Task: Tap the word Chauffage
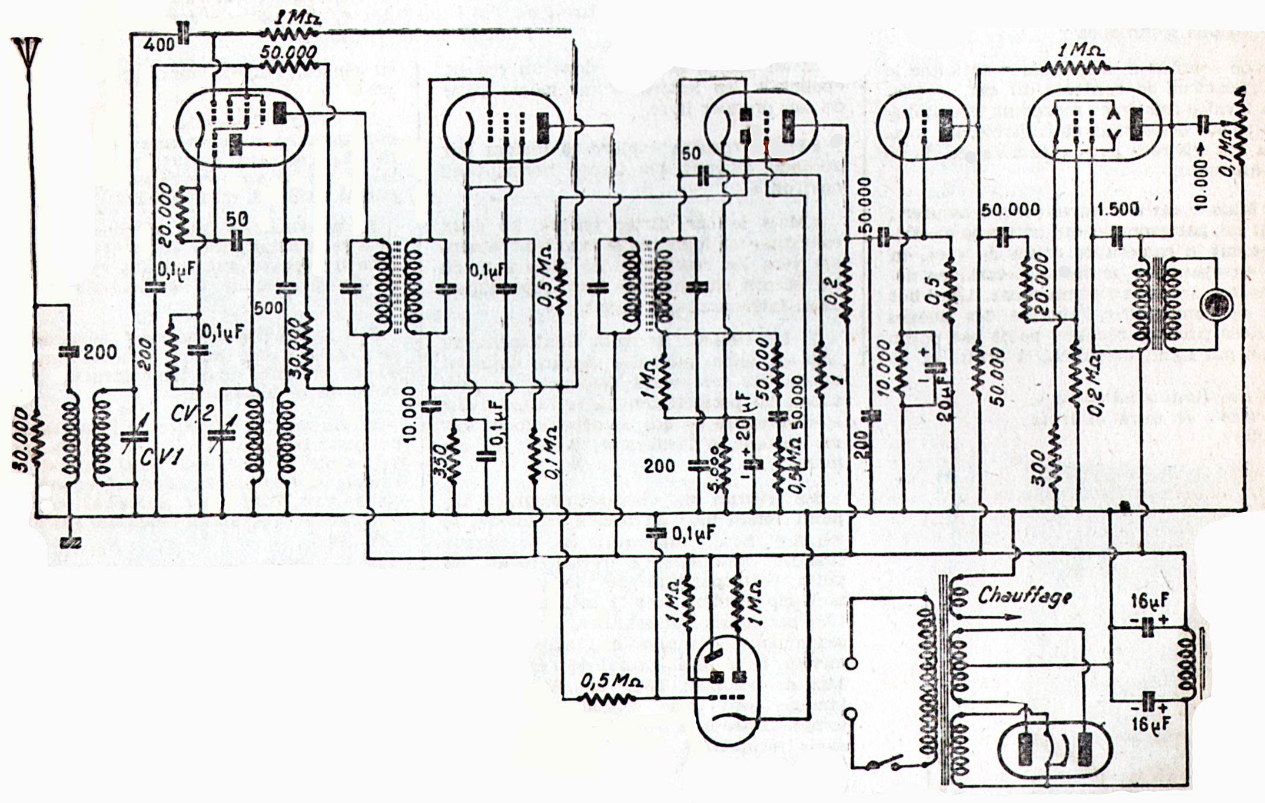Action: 1024,596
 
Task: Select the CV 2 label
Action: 192,413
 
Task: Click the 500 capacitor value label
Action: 268,308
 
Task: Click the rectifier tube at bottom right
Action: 1054,751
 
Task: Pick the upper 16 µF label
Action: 1149,601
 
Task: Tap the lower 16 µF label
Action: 1149,724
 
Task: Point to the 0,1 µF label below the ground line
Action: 693,533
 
